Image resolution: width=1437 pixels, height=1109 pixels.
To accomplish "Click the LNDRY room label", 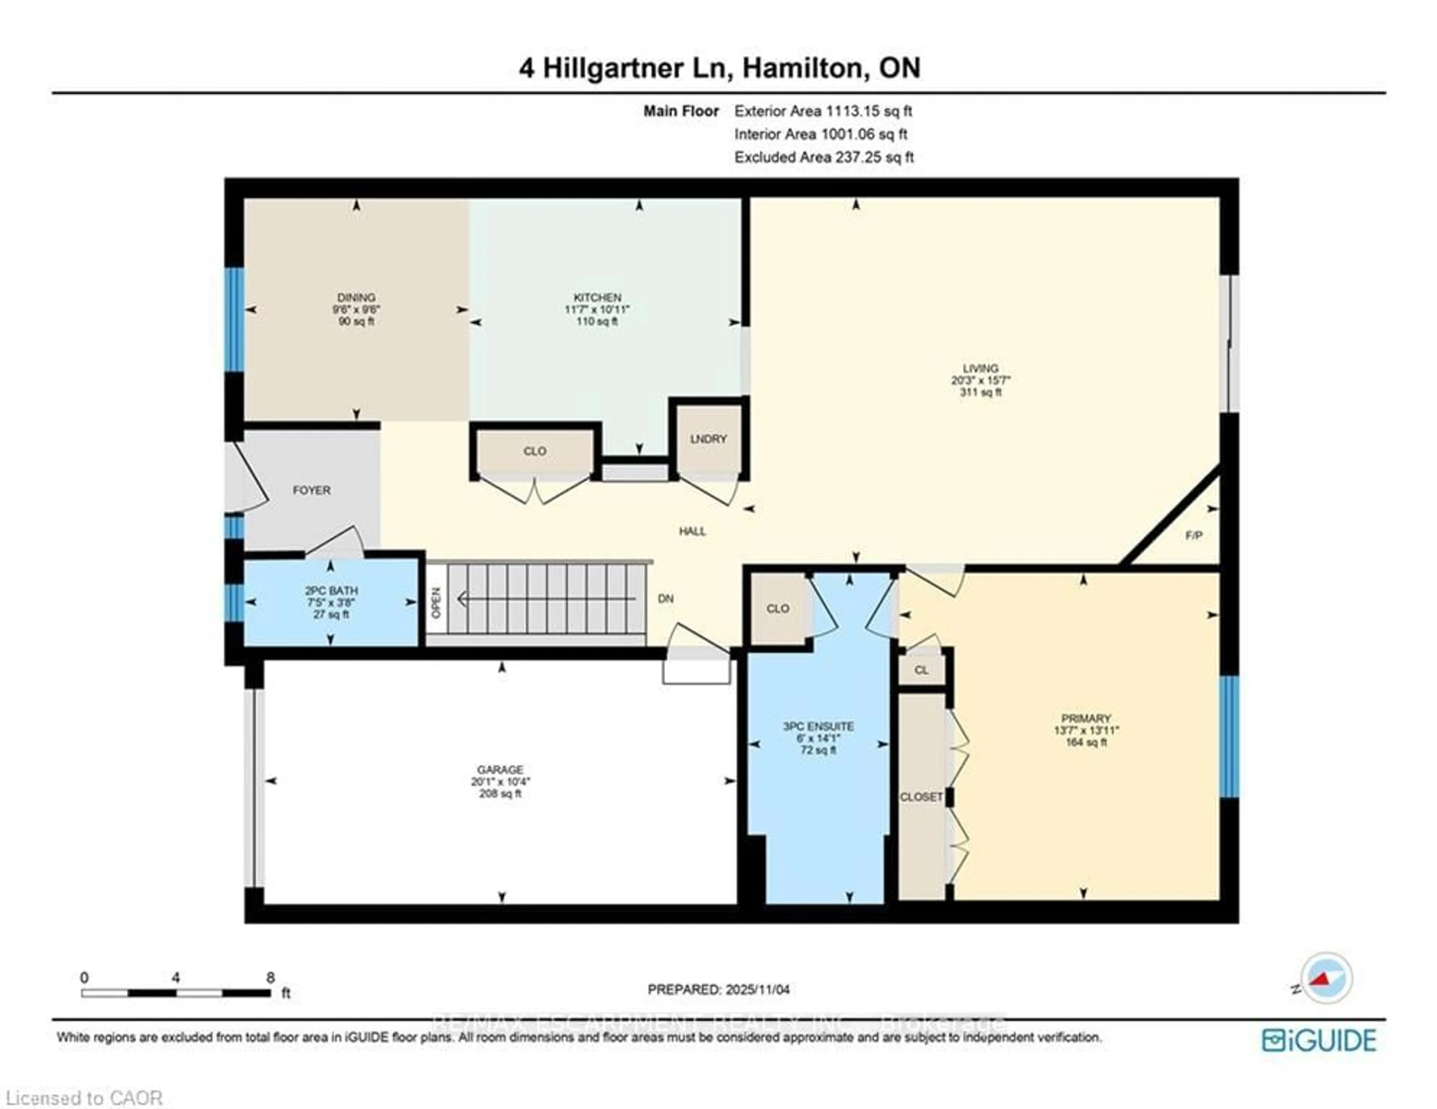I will [x=708, y=439].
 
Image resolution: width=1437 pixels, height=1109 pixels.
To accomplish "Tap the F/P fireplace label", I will [x=1193, y=535].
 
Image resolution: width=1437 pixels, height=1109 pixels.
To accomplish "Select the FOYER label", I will [x=311, y=490].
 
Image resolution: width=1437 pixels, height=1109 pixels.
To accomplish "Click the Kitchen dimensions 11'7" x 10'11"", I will [x=597, y=309].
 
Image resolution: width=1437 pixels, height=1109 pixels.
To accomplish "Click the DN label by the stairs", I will [x=665, y=599].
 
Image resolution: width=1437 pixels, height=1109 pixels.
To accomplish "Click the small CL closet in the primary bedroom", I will [x=921, y=670].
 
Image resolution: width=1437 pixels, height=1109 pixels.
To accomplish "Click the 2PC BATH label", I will [x=331, y=591].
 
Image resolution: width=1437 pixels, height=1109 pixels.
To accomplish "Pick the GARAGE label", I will [x=500, y=769].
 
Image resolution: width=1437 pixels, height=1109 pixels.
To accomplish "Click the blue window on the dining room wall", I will [x=234, y=319].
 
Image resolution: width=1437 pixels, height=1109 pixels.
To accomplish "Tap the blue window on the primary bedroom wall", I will [x=1229, y=737].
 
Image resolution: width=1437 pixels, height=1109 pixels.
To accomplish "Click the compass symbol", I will [x=1327, y=978].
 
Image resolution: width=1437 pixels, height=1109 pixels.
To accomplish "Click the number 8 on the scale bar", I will [x=271, y=977].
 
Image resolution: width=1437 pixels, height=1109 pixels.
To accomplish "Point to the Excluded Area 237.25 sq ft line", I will [x=824, y=157].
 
